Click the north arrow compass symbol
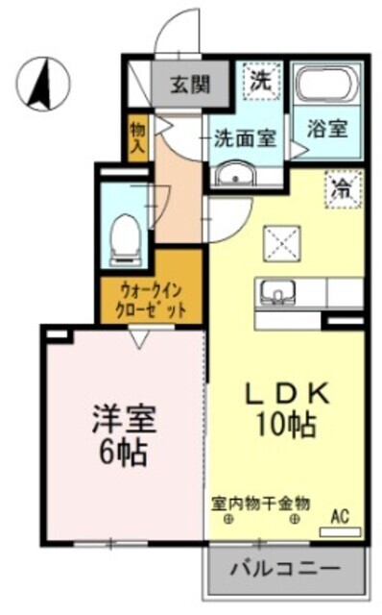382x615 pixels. [x=43, y=84]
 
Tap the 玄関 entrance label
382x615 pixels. [x=190, y=84]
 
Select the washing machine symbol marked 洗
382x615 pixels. [x=262, y=81]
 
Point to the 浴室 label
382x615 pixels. [x=327, y=129]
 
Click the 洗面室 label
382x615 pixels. [x=246, y=138]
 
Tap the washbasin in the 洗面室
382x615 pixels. [x=236, y=173]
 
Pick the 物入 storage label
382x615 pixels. [x=138, y=137]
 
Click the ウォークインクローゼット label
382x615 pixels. [x=151, y=301]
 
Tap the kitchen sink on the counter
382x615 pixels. [x=277, y=292]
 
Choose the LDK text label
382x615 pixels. [x=287, y=395]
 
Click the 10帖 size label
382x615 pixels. [x=286, y=425]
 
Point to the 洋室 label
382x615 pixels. [x=124, y=419]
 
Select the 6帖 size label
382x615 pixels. [x=124, y=452]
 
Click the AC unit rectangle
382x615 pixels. [x=340, y=531]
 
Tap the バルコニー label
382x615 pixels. [x=285, y=568]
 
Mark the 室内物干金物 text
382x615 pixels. [x=260, y=504]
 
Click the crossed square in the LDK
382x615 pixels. [x=281, y=243]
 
